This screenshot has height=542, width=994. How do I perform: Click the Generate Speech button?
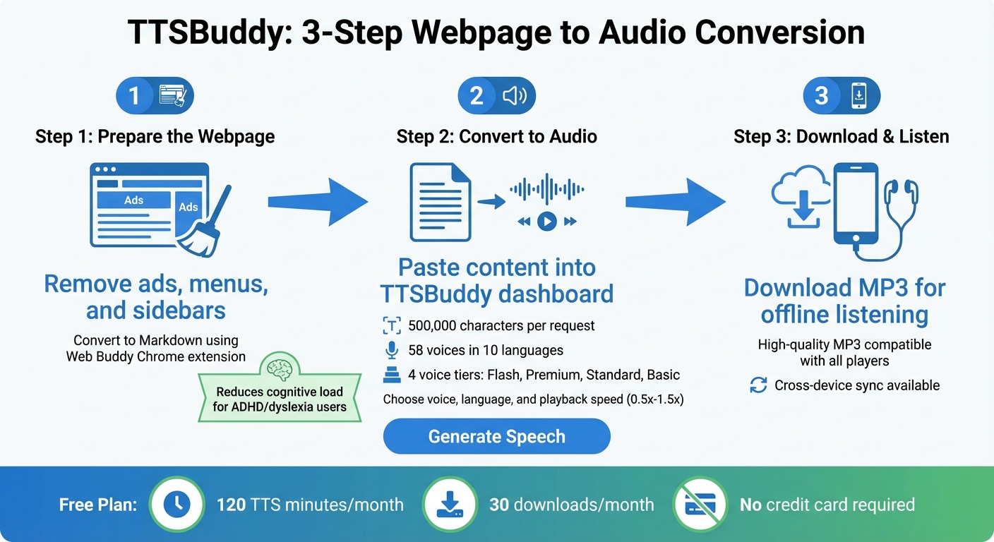click(x=496, y=436)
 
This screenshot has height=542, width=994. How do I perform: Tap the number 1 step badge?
click(x=134, y=95)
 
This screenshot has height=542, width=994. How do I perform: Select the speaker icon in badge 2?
click(x=515, y=95)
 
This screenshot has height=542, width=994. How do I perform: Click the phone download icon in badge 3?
click(x=858, y=95)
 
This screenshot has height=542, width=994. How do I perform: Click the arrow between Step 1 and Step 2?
click(x=318, y=203)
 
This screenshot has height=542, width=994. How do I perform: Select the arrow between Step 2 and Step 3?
click(x=675, y=203)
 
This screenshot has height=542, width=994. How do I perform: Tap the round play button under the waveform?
click(x=546, y=222)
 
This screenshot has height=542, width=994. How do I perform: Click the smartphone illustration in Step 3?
click(x=856, y=205)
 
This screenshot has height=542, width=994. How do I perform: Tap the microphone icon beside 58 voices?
click(x=392, y=350)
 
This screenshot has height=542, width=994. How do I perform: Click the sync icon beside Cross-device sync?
click(x=758, y=385)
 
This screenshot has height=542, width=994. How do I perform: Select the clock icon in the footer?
click(x=177, y=504)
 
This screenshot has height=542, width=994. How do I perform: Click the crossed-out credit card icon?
click(x=700, y=504)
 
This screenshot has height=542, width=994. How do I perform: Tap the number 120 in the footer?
click(x=231, y=505)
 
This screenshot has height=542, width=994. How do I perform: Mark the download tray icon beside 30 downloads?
click(x=450, y=504)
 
